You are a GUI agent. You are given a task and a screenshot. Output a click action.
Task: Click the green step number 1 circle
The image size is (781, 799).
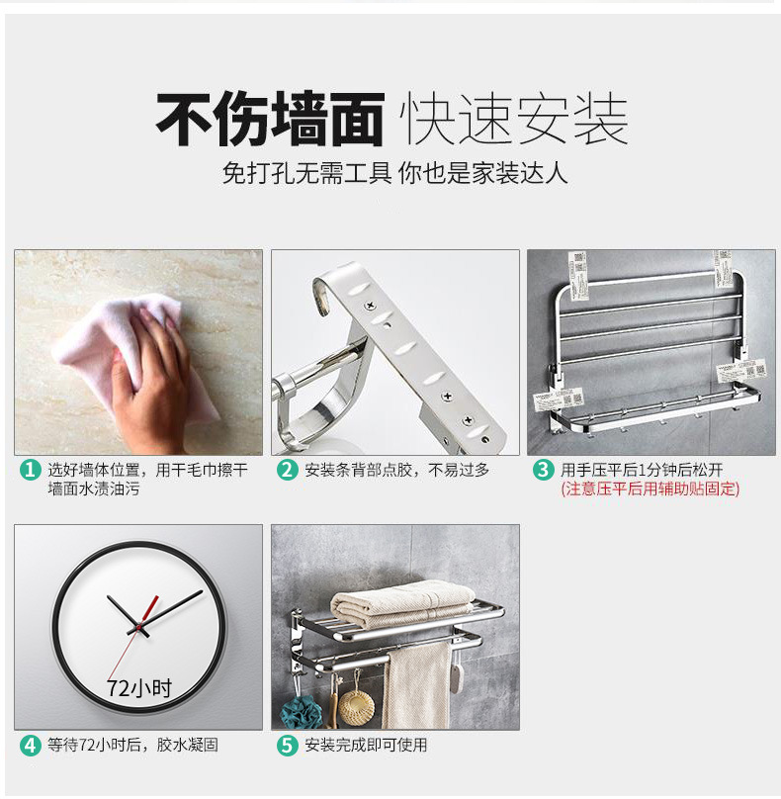pyautogui.click(x=30, y=470)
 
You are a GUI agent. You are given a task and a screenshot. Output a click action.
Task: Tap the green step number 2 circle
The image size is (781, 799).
pyautogui.click(x=288, y=470)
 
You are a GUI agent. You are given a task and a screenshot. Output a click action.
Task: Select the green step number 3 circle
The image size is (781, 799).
pyautogui.click(x=543, y=470)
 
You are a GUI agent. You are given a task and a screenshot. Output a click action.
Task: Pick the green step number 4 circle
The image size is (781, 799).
pyautogui.click(x=30, y=745)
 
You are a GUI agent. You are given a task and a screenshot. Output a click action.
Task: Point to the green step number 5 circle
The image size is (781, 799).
pyautogui.click(x=288, y=745)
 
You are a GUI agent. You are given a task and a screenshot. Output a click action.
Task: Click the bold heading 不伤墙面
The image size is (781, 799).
pyautogui.click(x=270, y=120)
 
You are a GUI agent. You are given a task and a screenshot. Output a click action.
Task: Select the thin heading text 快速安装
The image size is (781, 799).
pyautogui.click(x=513, y=120)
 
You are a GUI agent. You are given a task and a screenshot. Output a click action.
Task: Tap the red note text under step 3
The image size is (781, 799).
pyautogui.click(x=651, y=488)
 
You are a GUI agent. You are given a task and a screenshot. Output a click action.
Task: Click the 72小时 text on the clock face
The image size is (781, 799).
pyautogui.click(x=139, y=688)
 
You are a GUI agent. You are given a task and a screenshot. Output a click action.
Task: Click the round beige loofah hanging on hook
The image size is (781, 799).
pyautogui.click(x=356, y=707)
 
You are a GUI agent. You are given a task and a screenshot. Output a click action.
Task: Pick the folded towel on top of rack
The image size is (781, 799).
pyautogui.click(x=402, y=604)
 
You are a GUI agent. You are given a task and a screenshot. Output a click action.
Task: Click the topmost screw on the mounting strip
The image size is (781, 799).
pyautogui.click(x=371, y=307)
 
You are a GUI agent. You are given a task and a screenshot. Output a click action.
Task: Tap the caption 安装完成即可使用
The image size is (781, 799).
pyautogui.click(x=367, y=745)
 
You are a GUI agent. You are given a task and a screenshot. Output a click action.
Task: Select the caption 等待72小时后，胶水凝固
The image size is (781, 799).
pyautogui.click(x=133, y=745)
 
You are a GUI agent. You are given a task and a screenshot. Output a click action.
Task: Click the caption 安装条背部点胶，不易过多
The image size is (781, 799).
pyautogui.click(x=397, y=470)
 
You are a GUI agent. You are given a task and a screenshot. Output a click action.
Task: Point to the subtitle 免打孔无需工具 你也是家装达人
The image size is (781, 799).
pyautogui.click(x=394, y=173)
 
